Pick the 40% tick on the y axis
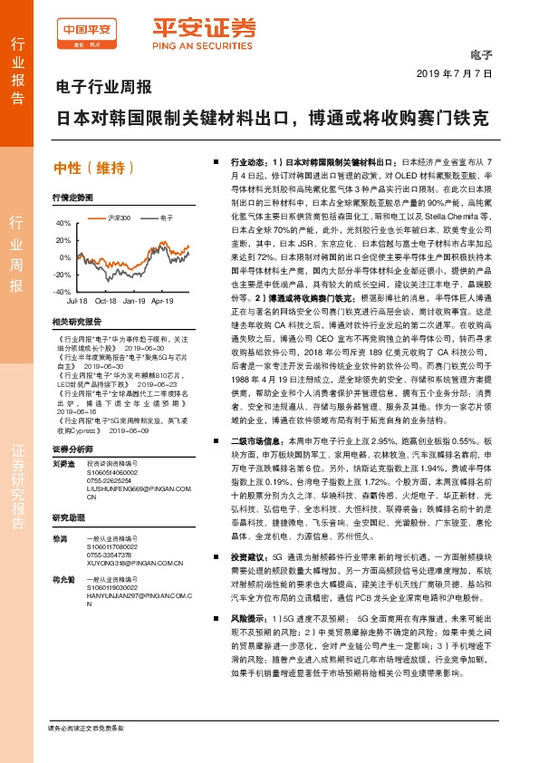[62, 222]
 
